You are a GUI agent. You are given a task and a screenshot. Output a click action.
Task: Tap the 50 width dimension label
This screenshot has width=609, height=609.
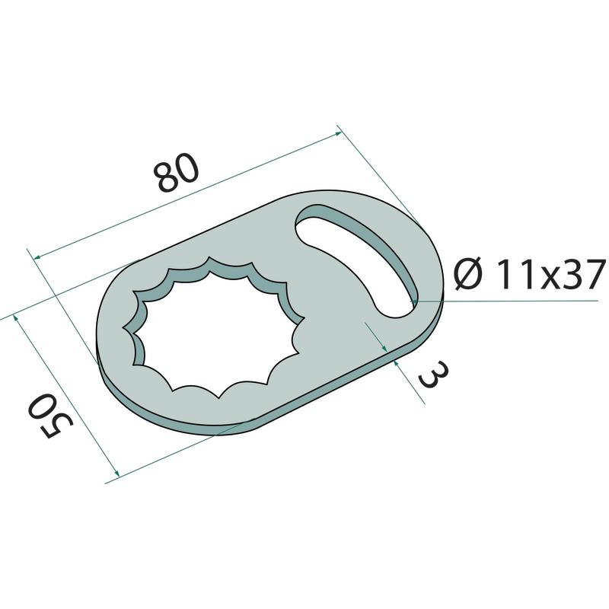point(49,415)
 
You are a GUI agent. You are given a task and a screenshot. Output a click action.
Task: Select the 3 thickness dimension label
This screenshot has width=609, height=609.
point(433,374)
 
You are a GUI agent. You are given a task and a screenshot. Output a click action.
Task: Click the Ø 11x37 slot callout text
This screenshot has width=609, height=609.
point(531,274)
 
